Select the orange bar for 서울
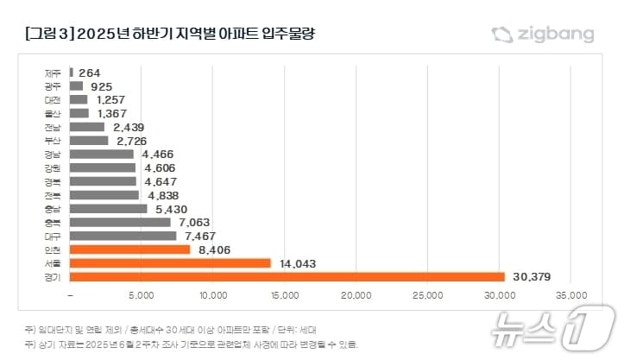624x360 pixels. [170, 263]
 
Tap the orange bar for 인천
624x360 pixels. [129, 249]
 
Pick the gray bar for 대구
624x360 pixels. [123, 236]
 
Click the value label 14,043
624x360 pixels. [296, 263]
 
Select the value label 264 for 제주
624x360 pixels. [91, 73]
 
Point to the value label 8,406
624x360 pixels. [215, 249]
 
